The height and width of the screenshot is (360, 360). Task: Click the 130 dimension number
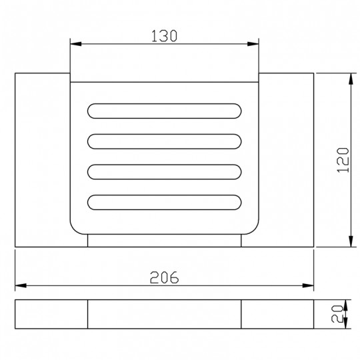pyautogui.click(x=164, y=36)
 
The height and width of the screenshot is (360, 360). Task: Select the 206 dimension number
pyautogui.click(x=164, y=277)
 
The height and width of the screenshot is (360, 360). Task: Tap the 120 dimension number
pyautogui.click(x=343, y=160)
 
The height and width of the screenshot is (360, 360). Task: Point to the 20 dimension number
pyautogui.click(x=337, y=314)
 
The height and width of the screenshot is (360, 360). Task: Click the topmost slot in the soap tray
pyautogui.click(x=164, y=111)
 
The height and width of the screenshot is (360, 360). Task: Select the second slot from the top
pyautogui.click(x=164, y=141)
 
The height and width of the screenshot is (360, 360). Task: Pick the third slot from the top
pyautogui.click(x=164, y=172)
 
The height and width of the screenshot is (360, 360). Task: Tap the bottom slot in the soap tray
pyautogui.click(x=164, y=202)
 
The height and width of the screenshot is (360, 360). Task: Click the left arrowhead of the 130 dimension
pyautogui.click(x=76, y=44)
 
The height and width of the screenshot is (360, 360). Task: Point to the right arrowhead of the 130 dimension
pyautogui.click(x=253, y=44)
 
